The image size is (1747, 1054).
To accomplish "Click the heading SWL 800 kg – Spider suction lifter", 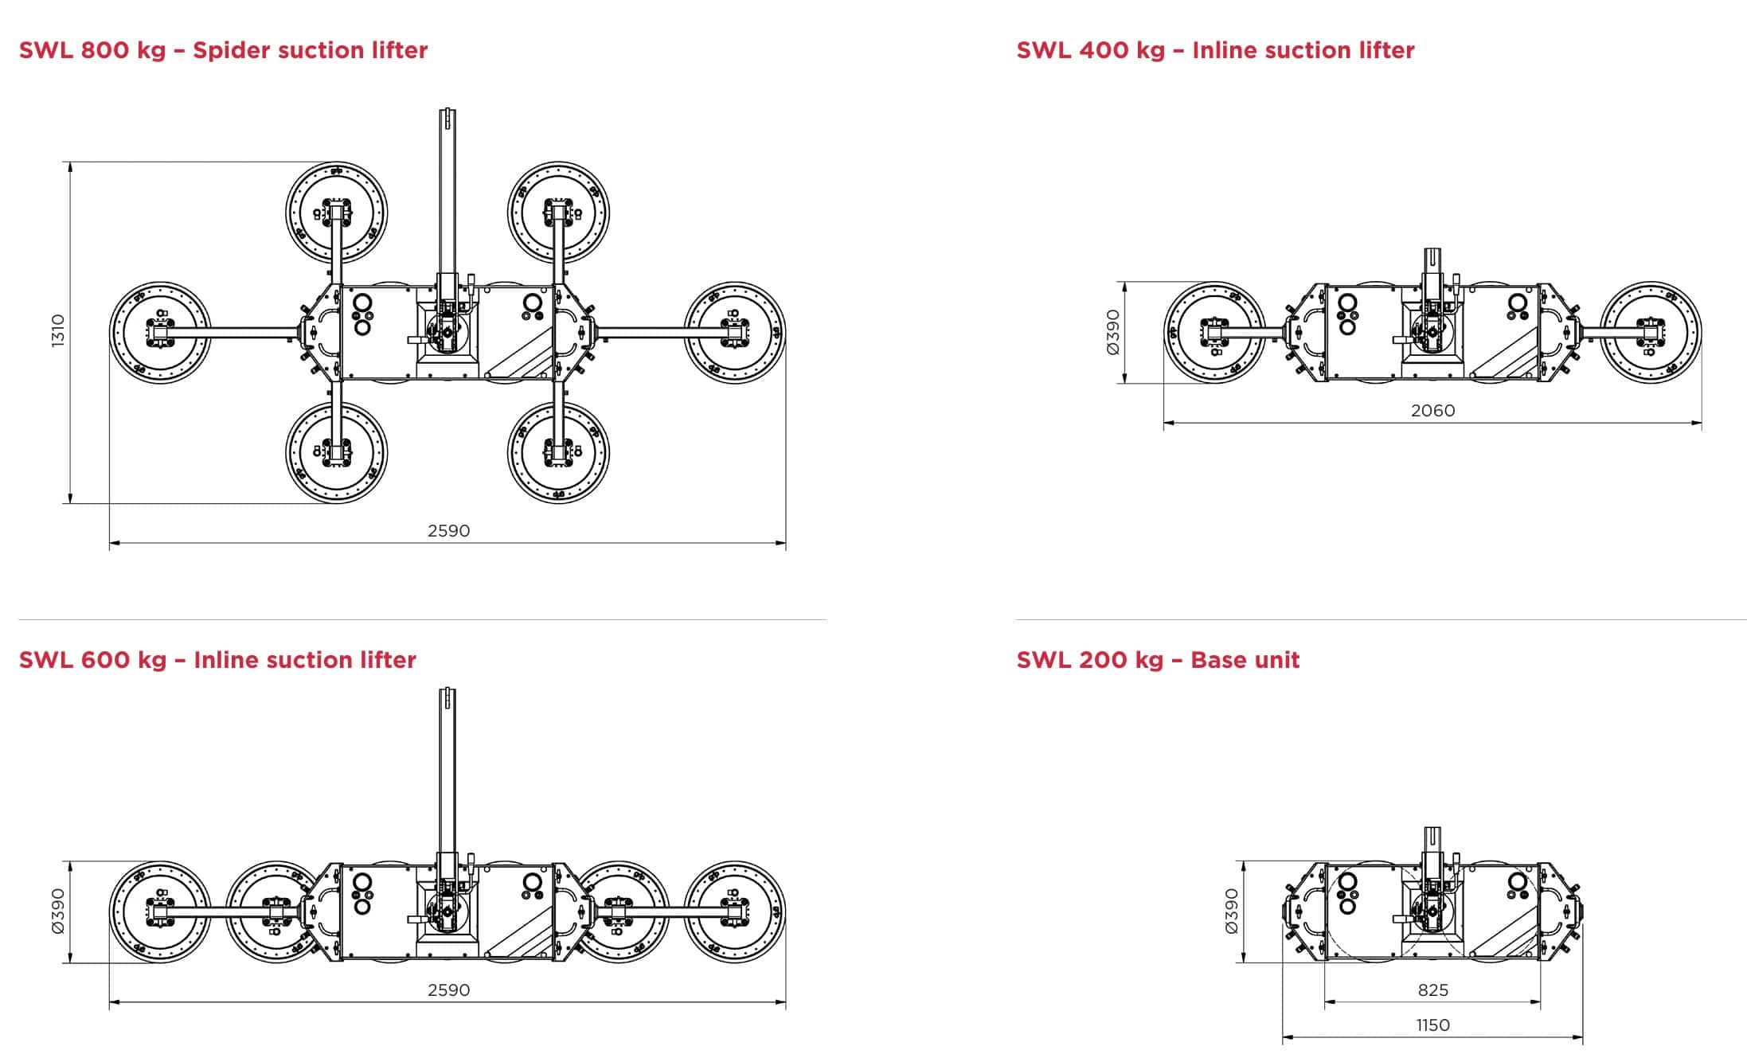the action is coord(223,50).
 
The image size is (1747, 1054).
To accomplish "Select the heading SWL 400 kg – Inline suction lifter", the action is coord(1215,50).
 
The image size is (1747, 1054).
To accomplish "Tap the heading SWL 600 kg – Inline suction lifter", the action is coord(217,660).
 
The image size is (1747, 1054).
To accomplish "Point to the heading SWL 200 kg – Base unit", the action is coord(1158,660).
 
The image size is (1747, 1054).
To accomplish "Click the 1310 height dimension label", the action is coord(57,331).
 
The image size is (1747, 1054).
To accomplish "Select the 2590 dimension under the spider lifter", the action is coord(448,530).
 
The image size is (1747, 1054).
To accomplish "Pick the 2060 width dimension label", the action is coord(1432,410).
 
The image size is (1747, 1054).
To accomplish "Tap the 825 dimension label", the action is coord(1433,990).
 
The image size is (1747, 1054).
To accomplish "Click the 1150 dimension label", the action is coord(1432,1025).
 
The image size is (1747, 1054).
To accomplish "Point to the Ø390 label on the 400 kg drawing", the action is coord(1113,332).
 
